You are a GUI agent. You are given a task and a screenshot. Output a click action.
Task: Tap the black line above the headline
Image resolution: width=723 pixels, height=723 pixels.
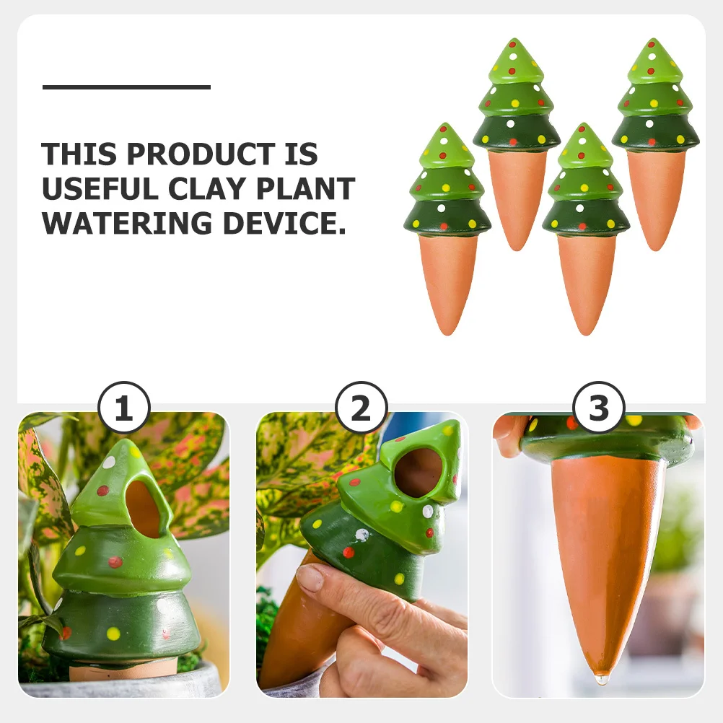(126, 87)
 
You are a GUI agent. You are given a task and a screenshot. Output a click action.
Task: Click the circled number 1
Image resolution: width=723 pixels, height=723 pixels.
(123, 409)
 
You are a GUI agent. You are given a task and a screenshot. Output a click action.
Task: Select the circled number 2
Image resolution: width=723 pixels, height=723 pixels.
(361, 409)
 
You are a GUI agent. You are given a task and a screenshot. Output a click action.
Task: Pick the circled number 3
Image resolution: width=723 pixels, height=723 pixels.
(598, 409)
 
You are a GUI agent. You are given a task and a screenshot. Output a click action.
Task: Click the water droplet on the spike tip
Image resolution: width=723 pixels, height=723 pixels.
(601, 679)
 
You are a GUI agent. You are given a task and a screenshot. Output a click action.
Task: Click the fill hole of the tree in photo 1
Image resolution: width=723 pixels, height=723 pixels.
(144, 509)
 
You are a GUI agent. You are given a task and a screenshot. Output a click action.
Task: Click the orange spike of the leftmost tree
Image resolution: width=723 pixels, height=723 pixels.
(447, 281)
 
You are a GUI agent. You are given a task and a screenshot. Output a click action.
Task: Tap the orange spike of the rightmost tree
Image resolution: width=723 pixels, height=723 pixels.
(655, 195)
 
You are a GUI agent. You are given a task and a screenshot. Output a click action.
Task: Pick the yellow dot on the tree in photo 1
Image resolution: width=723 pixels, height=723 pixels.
(113, 634)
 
